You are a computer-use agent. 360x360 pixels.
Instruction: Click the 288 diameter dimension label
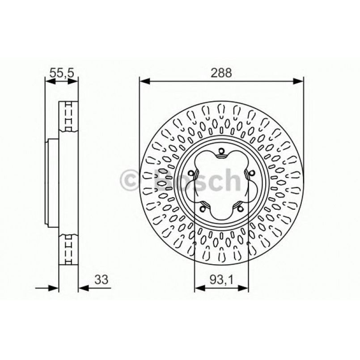pos(222,73)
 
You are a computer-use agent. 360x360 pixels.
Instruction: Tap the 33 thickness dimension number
pos(102,280)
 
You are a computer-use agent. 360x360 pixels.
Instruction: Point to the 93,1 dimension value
pos(222,280)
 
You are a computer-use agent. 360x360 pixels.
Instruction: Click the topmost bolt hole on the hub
pos(221,152)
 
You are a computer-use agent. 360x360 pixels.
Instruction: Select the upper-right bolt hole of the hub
pos(251,174)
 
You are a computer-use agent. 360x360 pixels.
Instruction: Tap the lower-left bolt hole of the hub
pos(203,208)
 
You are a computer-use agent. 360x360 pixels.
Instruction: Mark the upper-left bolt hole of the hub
pos(191,174)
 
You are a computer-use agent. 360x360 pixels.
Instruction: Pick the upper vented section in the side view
pos(69,116)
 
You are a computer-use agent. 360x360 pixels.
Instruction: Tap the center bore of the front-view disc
pos(221,184)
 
